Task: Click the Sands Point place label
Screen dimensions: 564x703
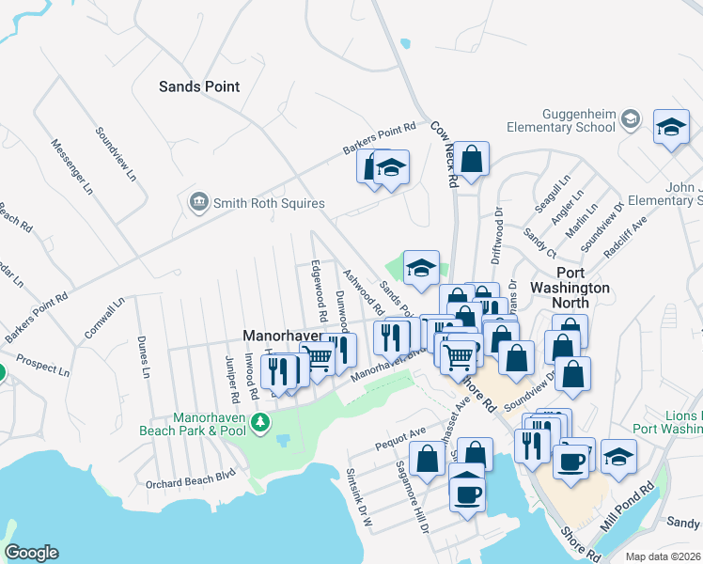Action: point(198,86)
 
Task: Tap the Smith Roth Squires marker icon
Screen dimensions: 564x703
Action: point(197,202)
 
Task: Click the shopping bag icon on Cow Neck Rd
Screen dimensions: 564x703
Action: point(473,158)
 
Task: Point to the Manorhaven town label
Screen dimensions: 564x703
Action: point(282,335)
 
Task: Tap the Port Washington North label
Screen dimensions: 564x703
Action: point(570,295)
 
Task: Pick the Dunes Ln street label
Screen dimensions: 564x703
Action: point(143,357)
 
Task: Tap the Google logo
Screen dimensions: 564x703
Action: point(31,553)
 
